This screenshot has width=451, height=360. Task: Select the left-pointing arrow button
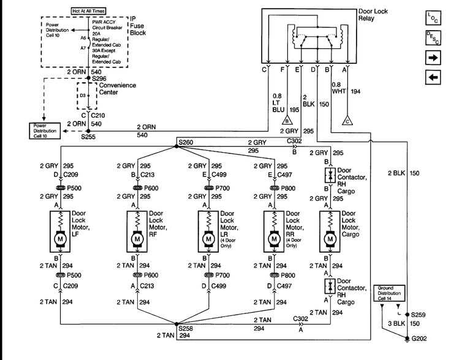[x=433, y=78]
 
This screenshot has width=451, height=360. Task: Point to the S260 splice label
[x=186, y=142]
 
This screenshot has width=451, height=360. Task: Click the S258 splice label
[x=186, y=329]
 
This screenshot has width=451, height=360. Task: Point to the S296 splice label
[x=100, y=79]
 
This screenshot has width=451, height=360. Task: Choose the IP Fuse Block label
[x=138, y=25]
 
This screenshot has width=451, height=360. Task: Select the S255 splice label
[x=88, y=139]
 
